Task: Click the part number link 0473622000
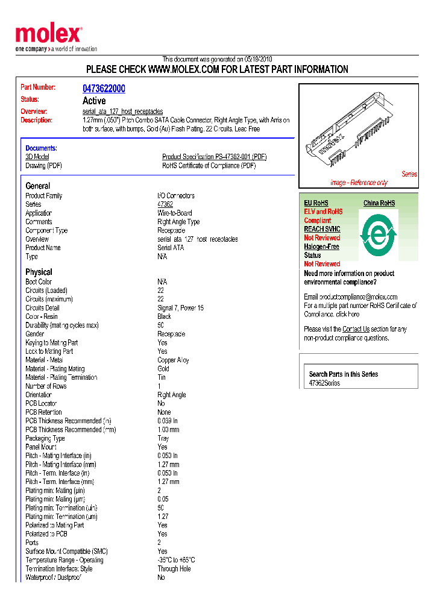[104, 89]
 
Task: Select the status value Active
[94, 101]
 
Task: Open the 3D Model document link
[37, 157]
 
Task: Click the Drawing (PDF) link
[43, 166]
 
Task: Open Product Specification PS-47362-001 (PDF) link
[214, 157]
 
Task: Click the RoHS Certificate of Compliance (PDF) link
[209, 166]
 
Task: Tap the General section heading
[38, 186]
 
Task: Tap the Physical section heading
[39, 272]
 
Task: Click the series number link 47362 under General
[165, 204]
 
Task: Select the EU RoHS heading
[316, 203]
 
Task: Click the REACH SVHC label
[322, 229]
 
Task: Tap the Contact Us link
[356, 329]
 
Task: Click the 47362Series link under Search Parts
[324, 383]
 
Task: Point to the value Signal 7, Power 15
[180, 308]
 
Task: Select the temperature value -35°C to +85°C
[176, 560]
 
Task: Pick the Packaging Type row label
[45, 438]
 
